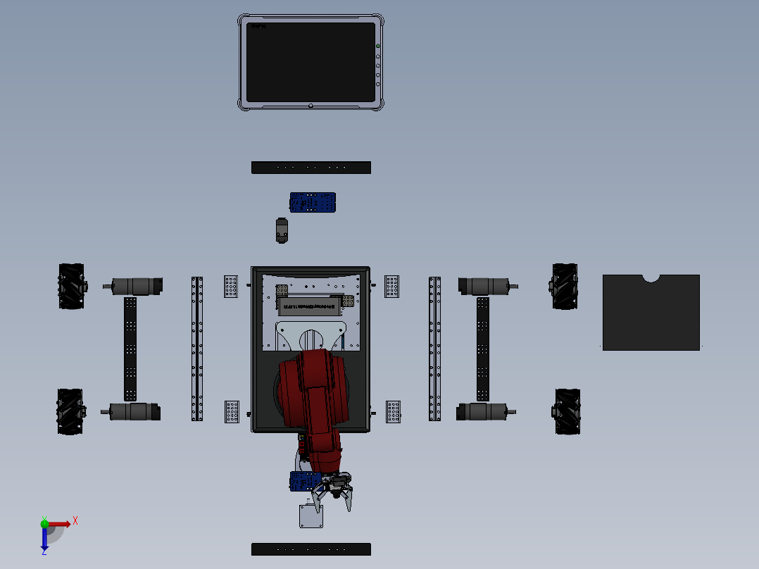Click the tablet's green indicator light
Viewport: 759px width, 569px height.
[378, 46]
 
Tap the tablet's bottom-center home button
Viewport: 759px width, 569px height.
[310, 106]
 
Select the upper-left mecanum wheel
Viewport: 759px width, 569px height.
[70, 285]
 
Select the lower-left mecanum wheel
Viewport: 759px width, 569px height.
[70, 411]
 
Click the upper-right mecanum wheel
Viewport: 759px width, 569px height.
[565, 285]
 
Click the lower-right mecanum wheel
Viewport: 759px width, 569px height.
[567, 411]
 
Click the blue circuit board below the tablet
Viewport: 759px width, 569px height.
[313, 202]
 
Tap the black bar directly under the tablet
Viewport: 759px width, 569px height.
[310, 168]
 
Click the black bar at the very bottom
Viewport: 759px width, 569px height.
[310, 549]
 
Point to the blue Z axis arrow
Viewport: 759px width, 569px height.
[44, 539]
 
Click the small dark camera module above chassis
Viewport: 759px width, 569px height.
[282, 230]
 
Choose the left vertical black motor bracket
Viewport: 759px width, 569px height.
[130, 349]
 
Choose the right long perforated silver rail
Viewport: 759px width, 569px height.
[435, 349]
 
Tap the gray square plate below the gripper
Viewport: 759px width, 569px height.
[310, 516]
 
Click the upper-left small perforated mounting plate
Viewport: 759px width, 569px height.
[231, 286]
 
